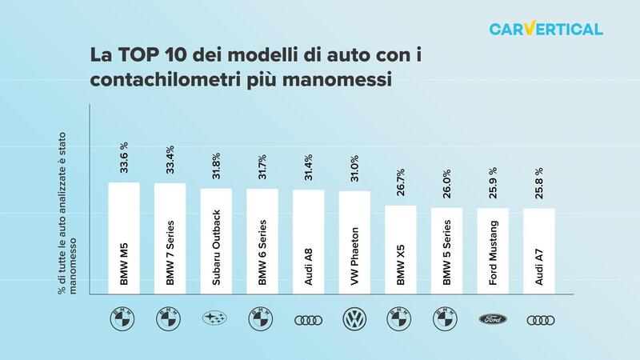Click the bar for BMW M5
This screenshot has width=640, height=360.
click(x=124, y=240)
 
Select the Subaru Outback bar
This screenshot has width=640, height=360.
click(x=216, y=243)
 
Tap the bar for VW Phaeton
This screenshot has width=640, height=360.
click(x=354, y=244)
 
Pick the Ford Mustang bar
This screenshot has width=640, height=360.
click(x=493, y=253)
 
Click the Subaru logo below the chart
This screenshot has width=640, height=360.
click(x=216, y=319)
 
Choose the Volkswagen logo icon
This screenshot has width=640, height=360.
click(x=354, y=319)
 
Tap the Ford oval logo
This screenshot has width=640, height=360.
click(x=493, y=319)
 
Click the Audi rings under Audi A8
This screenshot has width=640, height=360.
click(x=308, y=319)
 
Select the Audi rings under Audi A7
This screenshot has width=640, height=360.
click(x=538, y=319)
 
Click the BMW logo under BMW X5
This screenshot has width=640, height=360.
click(x=401, y=319)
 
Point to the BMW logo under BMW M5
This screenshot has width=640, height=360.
click(x=124, y=319)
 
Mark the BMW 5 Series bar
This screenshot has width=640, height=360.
click(x=446, y=252)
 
